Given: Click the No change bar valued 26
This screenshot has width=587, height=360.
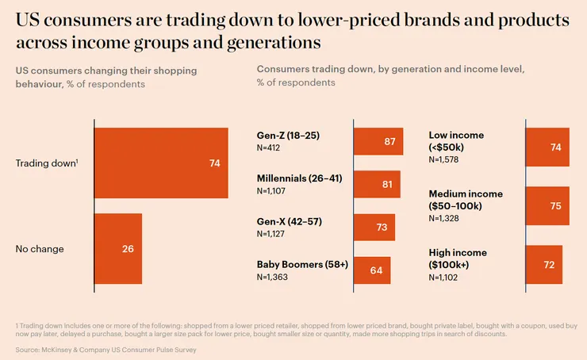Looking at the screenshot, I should (118, 248).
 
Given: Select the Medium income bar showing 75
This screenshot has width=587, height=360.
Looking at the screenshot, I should (548, 206).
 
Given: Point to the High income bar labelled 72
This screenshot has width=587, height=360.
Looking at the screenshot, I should (545, 264).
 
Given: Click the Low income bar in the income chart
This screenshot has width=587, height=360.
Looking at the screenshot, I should (547, 147).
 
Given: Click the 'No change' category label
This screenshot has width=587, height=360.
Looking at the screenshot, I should (40, 249).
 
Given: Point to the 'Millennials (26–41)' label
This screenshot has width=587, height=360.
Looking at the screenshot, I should (299, 178).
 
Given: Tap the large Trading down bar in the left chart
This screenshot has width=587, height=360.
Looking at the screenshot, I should (162, 163).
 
